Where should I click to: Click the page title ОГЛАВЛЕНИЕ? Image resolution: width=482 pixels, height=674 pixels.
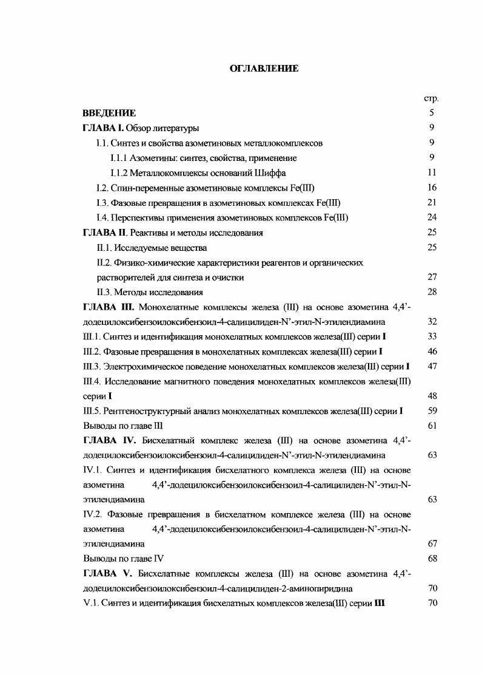pyautogui.click(x=264, y=69)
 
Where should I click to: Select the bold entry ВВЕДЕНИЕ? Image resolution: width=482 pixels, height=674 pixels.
pyautogui.click(x=109, y=113)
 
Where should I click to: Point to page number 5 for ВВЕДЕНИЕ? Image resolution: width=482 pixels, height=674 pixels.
pyautogui.click(x=432, y=113)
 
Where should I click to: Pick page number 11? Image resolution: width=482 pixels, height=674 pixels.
pyautogui.click(x=432, y=172)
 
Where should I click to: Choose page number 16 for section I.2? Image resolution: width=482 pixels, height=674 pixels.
pyautogui.click(x=432, y=188)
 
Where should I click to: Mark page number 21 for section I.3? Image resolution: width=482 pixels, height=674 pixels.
pyautogui.click(x=432, y=202)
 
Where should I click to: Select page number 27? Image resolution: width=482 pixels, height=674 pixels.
pyautogui.click(x=432, y=277)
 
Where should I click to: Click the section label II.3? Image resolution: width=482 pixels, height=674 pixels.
pyautogui.click(x=105, y=292)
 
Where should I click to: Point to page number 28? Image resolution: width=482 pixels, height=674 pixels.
pyautogui.click(x=432, y=292)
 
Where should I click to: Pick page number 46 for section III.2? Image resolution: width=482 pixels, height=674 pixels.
pyautogui.click(x=432, y=352)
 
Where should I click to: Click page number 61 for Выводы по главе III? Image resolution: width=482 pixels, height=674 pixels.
pyautogui.click(x=432, y=426)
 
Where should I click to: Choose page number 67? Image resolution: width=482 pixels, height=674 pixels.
pyautogui.click(x=432, y=544)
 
